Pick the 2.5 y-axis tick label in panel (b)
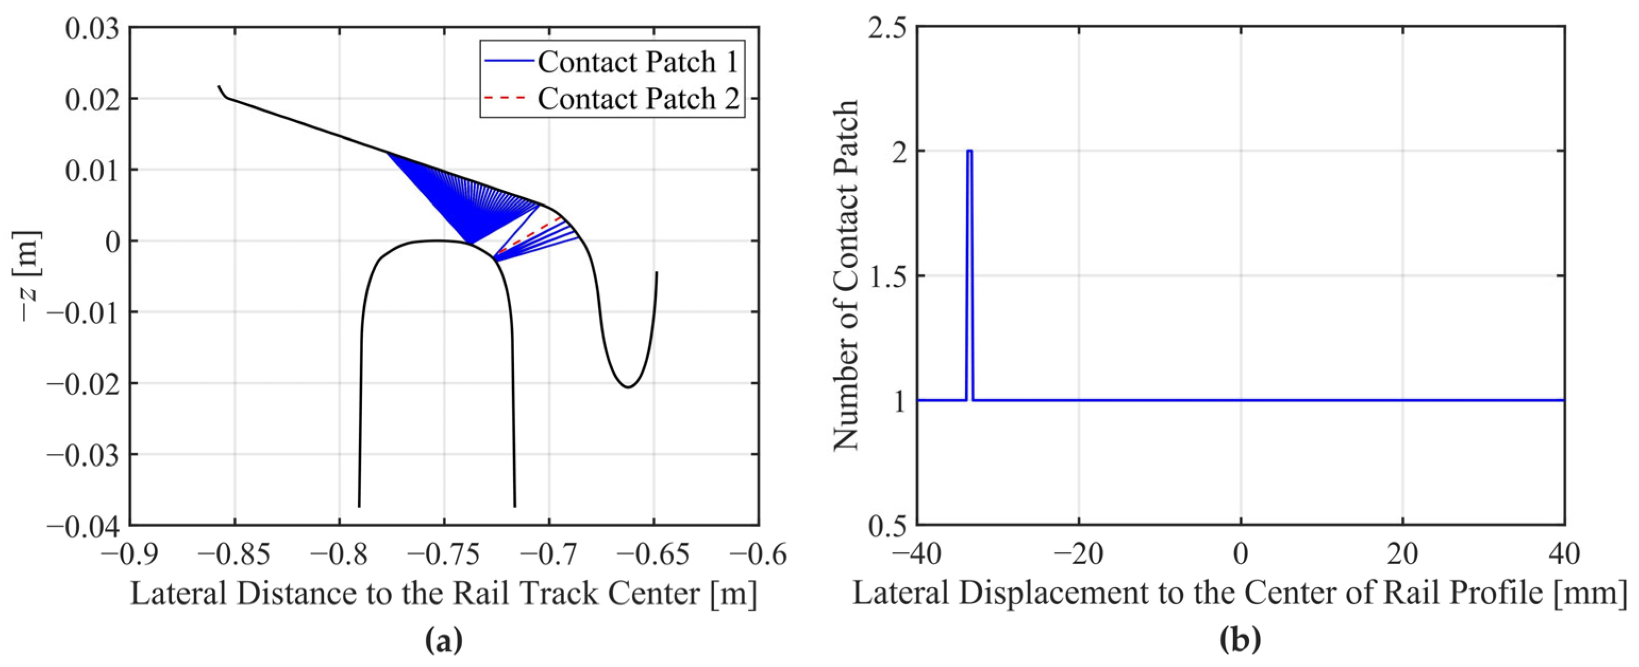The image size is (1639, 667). (x=885, y=28)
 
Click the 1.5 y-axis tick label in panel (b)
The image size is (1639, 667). (x=885, y=276)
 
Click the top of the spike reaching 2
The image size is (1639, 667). (x=969, y=151)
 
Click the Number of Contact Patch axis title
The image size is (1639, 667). (x=846, y=276)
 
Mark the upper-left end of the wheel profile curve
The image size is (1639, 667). (x=220, y=87)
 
